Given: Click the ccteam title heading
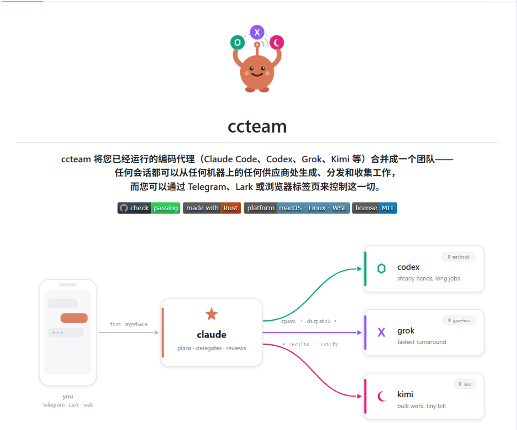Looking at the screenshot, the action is (x=257, y=126).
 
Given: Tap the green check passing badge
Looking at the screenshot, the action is (x=149, y=208).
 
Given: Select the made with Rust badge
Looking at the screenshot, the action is (x=212, y=208).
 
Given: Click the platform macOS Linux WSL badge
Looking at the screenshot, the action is (x=297, y=208).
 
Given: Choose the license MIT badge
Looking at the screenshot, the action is (x=374, y=208).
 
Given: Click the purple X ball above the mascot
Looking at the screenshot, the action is (x=257, y=32).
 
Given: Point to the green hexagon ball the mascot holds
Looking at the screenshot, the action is (x=237, y=43).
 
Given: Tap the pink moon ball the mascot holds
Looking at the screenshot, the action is (x=277, y=43).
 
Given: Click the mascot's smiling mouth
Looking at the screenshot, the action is (x=257, y=74).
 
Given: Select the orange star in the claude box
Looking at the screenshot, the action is (x=212, y=314).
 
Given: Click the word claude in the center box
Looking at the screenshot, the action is (x=212, y=335).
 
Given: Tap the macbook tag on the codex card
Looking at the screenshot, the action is (x=458, y=257).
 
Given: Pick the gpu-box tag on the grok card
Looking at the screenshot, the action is (x=459, y=320).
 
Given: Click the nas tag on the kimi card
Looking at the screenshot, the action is (x=464, y=384).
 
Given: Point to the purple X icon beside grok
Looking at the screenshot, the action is (x=382, y=332).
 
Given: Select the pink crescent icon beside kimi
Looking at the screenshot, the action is (x=381, y=396).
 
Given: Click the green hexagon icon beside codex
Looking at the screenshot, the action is (x=382, y=269).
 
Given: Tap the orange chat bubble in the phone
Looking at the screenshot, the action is (x=74, y=318).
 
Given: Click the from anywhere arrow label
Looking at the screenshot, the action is (x=129, y=325).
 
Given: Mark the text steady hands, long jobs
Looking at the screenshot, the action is (x=428, y=279).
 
